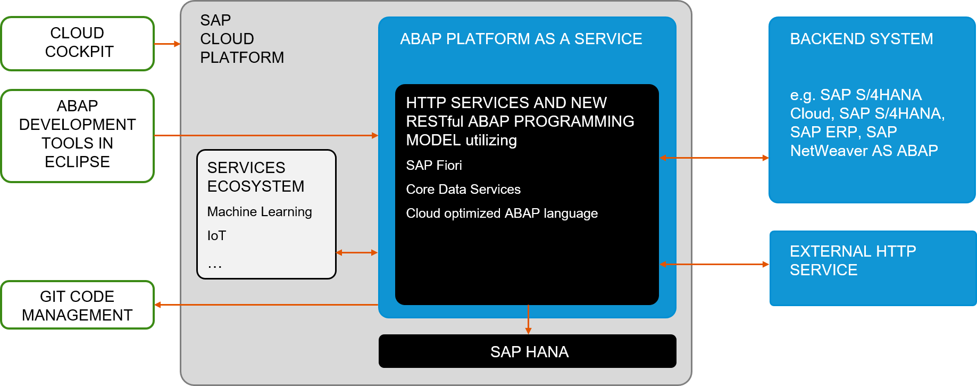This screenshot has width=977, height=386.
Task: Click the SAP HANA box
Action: point(527,351)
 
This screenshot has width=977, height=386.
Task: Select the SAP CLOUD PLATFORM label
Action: point(241,39)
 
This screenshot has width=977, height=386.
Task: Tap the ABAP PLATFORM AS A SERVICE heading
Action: point(521,39)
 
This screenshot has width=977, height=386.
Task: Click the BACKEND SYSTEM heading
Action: point(861,39)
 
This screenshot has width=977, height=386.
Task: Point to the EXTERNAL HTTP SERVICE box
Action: point(872,268)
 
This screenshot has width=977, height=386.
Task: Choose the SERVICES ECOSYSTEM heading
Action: point(255,177)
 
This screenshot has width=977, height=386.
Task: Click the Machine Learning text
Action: point(260,212)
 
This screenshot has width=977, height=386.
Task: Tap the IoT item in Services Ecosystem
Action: point(216,236)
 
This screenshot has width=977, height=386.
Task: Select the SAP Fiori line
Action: point(433,166)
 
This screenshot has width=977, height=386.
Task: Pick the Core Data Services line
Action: point(463,190)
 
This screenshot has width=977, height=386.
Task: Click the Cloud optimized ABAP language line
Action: point(502,213)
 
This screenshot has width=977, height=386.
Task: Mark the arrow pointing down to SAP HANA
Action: point(528,319)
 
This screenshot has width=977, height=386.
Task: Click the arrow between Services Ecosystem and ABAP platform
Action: point(357,252)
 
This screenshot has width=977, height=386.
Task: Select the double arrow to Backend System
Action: point(714,158)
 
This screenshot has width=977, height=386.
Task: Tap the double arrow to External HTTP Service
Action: point(714,264)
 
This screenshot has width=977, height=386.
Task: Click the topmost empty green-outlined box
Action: point(78,44)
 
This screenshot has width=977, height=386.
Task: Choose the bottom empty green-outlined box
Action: point(78,305)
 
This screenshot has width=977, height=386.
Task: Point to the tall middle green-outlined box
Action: point(78,136)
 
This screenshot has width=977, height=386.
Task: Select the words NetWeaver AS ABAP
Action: point(864,151)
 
